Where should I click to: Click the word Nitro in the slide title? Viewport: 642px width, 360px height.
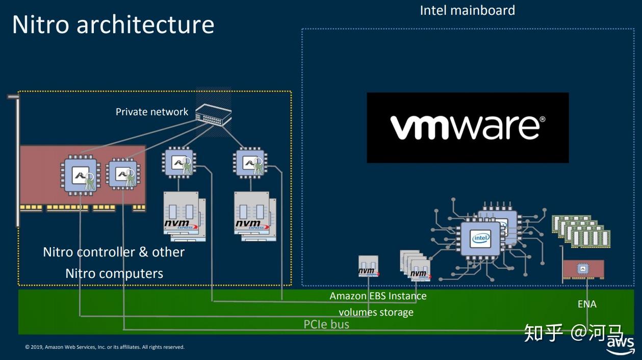[42, 24]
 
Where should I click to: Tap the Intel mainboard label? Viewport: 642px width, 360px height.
[467, 10]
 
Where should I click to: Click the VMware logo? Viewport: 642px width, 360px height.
[468, 127]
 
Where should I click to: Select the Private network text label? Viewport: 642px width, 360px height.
[152, 112]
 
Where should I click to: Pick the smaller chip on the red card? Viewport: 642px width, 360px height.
[123, 173]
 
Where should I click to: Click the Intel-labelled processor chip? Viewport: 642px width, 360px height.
[480, 238]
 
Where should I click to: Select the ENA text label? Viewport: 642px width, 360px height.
[587, 304]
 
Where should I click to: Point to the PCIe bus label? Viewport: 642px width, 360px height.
[326, 324]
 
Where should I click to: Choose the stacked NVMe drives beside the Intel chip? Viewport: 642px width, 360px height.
[416, 265]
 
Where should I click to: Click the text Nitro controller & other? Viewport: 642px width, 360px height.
[114, 252]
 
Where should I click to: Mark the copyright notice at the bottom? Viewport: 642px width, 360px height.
[105, 347]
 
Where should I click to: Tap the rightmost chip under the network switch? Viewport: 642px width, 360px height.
[250, 162]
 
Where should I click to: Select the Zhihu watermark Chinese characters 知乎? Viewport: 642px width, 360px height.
[544, 333]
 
